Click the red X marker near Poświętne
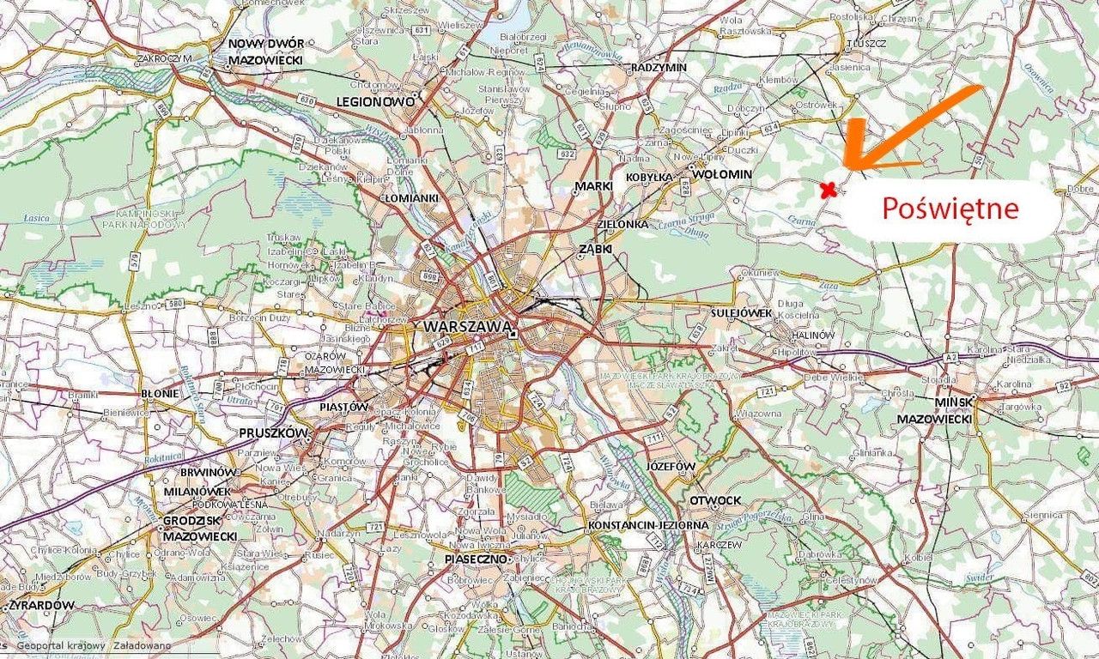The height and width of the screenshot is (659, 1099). [828, 190]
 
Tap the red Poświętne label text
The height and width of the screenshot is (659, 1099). [950, 209]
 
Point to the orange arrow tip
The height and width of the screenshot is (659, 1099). [846, 167]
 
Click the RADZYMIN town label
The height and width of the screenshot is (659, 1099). [658, 67]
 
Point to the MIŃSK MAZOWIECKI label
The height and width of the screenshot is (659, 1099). [934, 410]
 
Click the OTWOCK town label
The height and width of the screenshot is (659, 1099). [714, 500]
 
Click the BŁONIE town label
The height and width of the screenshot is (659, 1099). [159, 393]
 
